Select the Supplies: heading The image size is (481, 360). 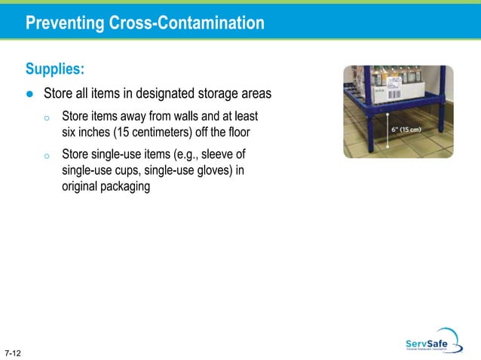tap(54, 69)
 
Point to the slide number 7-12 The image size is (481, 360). tap(12, 352)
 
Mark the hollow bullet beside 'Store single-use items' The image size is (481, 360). tap(46, 156)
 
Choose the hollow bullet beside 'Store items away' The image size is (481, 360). tap(46, 118)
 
